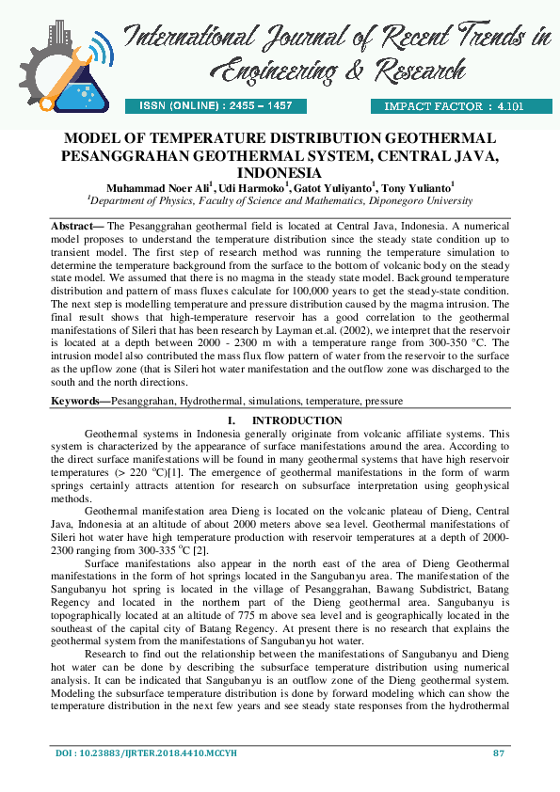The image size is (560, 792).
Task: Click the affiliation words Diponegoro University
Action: (416, 200)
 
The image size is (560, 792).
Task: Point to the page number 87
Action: (500, 753)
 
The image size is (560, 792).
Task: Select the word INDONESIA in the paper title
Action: (280, 173)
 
